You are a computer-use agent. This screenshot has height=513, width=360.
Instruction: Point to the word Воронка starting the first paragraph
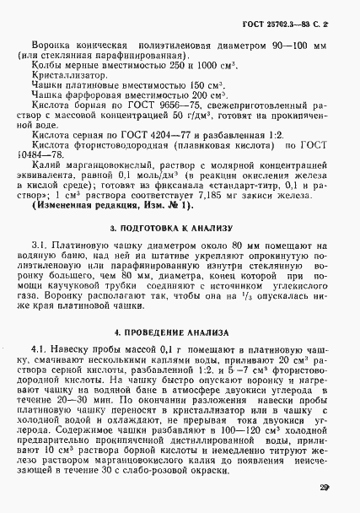pyautogui.click(x=51, y=41)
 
